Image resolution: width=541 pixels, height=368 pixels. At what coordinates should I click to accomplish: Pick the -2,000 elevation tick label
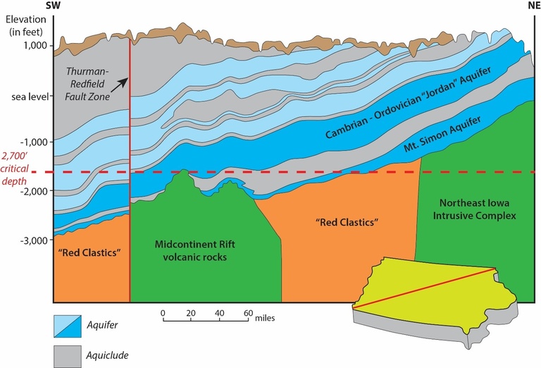pos(34,191)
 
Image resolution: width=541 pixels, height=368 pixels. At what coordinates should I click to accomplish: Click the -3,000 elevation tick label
pos(34,240)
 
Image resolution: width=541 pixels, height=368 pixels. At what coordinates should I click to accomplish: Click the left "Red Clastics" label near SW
pos(88,253)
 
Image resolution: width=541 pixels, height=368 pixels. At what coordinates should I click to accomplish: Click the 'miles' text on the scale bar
pos(265,317)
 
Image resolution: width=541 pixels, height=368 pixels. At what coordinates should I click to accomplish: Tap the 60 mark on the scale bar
pos(248,312)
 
